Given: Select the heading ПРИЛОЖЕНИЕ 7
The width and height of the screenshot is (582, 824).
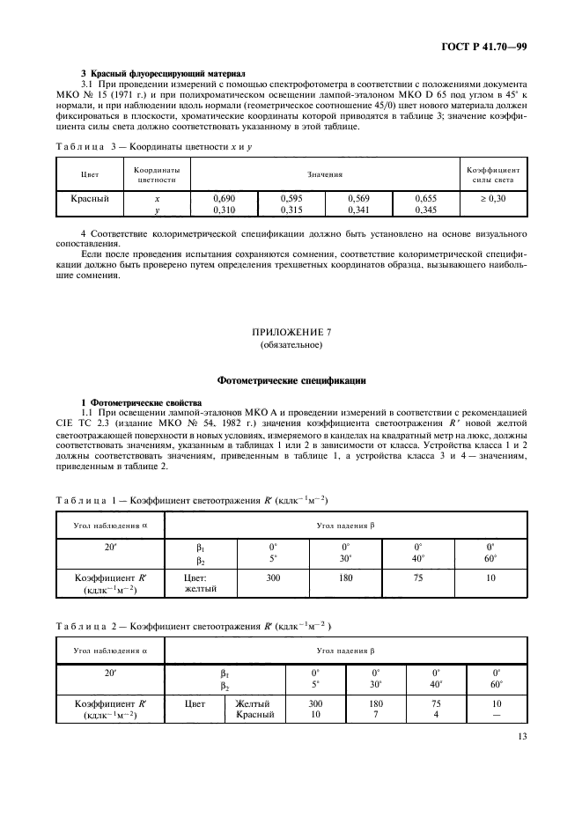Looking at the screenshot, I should pos(291,334).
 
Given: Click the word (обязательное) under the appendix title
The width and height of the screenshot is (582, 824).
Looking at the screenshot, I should pos(291,346).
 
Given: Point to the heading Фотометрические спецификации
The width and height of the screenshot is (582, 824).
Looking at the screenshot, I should pos(291,380).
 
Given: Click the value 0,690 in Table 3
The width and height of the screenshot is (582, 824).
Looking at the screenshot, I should pos(223,199).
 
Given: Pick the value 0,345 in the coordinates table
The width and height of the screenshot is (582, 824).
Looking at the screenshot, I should pos(425,210).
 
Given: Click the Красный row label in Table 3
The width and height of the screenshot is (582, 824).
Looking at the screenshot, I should pos(90,199).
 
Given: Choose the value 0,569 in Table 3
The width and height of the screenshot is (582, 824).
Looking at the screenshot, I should pos(358,199).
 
